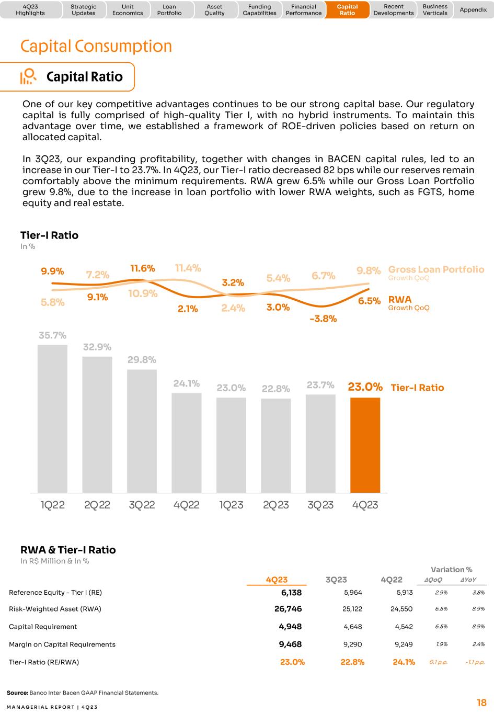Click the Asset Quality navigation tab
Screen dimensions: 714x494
click(214, 9)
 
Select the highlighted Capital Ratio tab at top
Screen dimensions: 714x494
click(347, 9)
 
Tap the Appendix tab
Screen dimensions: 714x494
click(473, 9)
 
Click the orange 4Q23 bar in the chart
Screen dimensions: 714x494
click(365, 445)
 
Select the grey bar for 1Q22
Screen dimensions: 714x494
click(52, 418)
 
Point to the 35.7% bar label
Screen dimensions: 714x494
click(52, 335)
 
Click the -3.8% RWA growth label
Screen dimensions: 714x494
click(323, 319)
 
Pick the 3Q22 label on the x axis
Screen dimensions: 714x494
click(142, 505)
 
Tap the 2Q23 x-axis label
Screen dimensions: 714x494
click(276, 505)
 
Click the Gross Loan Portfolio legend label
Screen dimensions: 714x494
click(436, 269)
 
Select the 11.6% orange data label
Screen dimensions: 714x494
click(142, 268)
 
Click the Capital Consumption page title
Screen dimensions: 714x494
click(96, 46)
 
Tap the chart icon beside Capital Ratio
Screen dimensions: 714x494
click(28, 76)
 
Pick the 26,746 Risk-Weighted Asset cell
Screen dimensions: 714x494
click(288, 609)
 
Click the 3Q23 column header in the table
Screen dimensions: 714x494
click(336, 580)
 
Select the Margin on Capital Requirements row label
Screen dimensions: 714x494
click(62, 644)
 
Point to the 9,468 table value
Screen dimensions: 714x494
click(290, 644)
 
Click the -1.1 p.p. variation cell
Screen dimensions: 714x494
click(475, 662)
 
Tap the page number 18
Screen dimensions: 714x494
click(481, 702)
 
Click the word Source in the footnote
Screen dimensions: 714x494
click(17, 693)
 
